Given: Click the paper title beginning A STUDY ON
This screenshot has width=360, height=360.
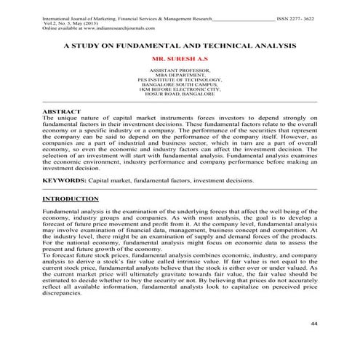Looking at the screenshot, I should click(180, 44).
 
